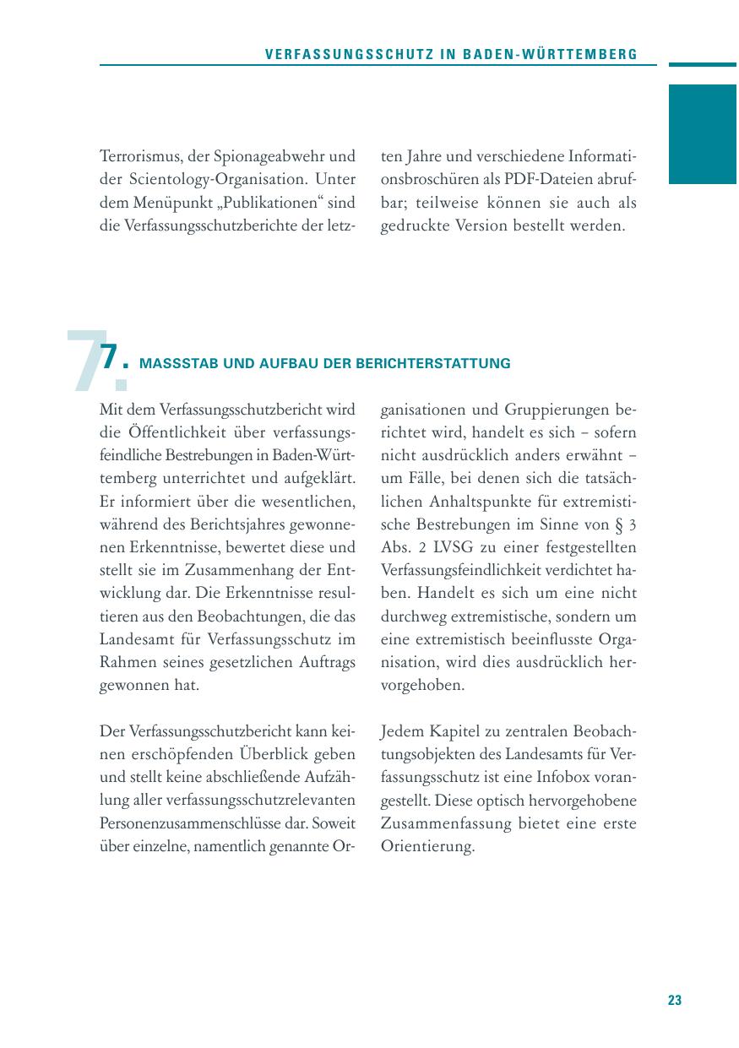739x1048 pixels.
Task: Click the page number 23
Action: tap(674, 1000)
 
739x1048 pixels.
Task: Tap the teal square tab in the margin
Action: tap(702, 134)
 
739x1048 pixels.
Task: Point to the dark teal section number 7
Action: tap(108, 358)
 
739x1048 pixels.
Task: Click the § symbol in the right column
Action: tap(619, 524)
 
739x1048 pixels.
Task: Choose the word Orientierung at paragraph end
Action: tap(428, 845)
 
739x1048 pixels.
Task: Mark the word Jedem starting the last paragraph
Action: tap(402, 730)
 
